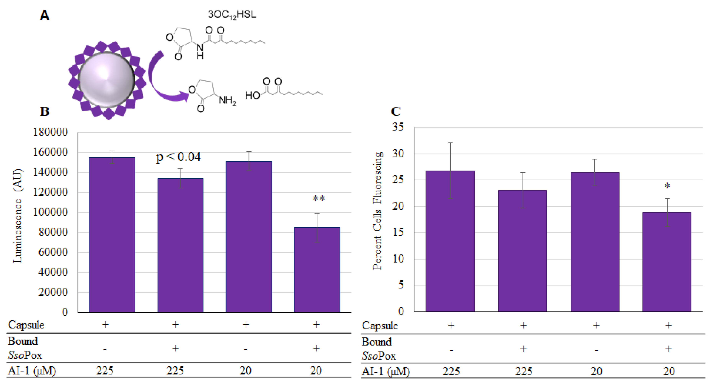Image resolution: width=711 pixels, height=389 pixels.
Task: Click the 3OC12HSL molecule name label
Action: click(232, 14)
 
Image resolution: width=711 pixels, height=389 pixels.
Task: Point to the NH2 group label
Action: click(227, 100)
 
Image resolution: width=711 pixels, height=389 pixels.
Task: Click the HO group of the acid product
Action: click(252, 95)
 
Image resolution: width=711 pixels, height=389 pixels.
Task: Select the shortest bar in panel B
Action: click(317, 269)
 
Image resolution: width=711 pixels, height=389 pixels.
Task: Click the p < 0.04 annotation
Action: click(178, 157)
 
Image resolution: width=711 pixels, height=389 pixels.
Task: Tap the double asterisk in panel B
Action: click(319, 198)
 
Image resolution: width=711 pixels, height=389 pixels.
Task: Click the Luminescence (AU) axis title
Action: click(18, 216)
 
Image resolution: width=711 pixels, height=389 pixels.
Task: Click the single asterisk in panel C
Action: click(667, 186)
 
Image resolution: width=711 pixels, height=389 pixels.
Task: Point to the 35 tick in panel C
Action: click(398, 127)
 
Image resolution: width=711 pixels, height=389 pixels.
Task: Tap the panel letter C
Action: click(396, 111)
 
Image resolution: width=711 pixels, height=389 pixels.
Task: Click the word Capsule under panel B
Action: click(26, 325)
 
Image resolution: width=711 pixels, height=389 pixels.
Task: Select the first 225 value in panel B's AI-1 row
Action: click(105, 370)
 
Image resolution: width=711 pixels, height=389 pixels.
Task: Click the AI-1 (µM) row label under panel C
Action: click(386, 372)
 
